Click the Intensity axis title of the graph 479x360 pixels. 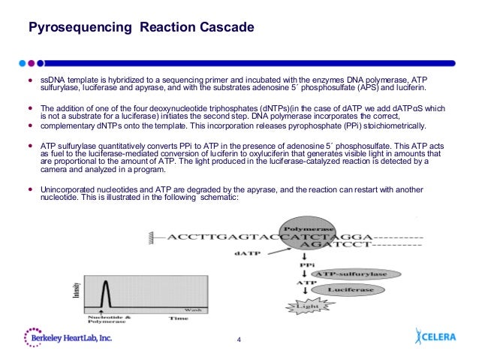(x=76, y=289)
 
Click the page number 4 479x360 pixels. (x=239, y=343)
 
